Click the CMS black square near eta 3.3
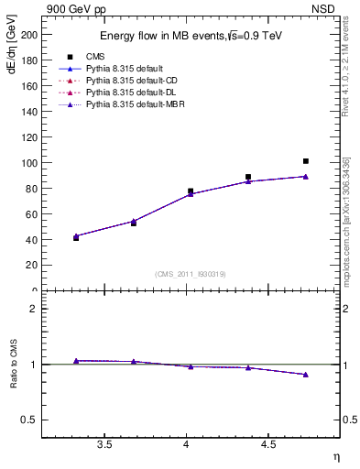pos(76,237)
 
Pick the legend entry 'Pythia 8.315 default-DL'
pos(125,93)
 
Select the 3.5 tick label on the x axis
pos(104,446)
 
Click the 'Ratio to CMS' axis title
pos(14,365)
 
